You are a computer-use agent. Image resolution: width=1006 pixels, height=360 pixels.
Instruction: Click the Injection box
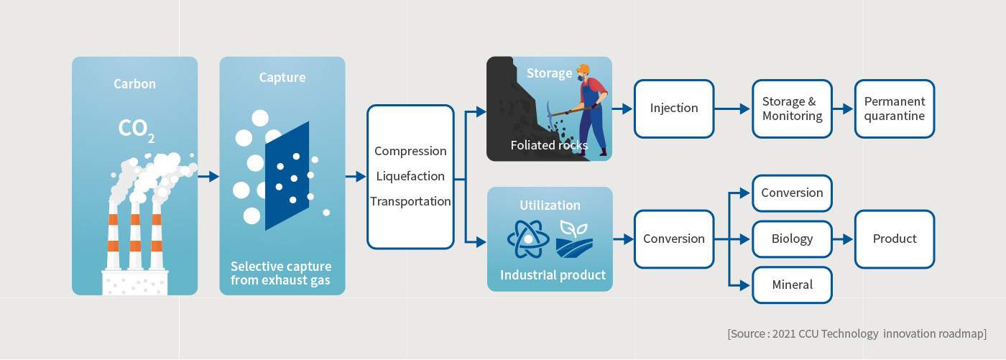tap(674, 109)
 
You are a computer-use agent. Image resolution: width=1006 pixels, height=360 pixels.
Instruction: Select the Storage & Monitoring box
tap(792, 109)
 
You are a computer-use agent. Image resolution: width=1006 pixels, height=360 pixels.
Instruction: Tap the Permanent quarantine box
tap(894, 109)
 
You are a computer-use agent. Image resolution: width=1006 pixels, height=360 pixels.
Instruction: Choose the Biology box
tap(792, 239)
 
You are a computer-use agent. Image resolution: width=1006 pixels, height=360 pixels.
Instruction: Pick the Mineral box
tap(792, 285)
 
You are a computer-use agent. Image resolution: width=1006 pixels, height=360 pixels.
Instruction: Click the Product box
tap(894, 239)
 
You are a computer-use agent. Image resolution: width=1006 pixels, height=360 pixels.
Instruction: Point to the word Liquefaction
tap(410, 177)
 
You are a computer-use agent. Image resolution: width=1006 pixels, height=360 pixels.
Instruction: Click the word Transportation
tap(410, 201)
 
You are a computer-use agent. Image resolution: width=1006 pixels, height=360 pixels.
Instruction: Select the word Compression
tap(410, 152)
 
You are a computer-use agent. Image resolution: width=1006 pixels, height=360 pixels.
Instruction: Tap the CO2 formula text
tap(137, 130)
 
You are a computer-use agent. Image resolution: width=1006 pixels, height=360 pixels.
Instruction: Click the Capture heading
tap(282, 78)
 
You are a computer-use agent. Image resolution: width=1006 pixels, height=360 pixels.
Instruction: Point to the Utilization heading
tap(550, 205)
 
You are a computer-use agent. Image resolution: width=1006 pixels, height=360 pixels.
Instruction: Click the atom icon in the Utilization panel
tap(528, 239)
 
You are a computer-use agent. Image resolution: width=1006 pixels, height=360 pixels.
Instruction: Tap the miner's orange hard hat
tap(583, 69)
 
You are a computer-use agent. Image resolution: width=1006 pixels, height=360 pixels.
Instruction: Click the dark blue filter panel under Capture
tap(287, 176)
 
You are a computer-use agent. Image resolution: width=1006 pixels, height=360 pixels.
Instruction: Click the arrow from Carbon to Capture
tap(208, 177)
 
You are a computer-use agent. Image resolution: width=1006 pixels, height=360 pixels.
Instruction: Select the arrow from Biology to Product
tap(843, 239)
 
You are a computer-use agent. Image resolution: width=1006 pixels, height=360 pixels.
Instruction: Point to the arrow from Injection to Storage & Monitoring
tap(732, 109)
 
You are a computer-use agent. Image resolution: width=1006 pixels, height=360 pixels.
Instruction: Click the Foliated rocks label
tap(549, 145)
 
